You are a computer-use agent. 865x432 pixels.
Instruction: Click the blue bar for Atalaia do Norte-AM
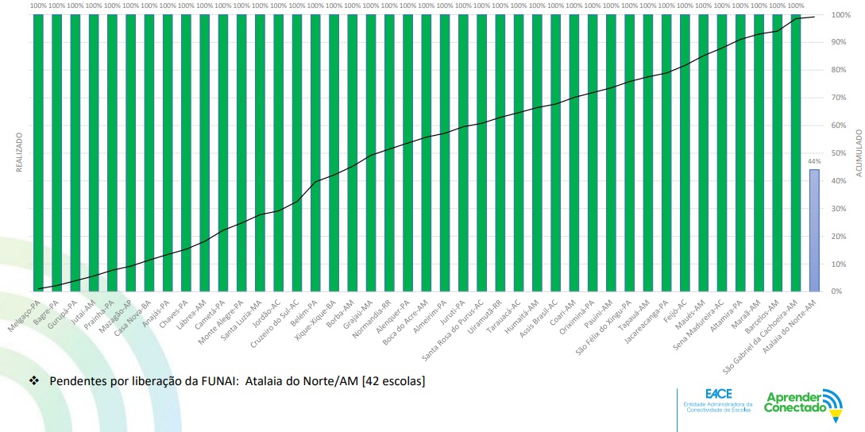[814, 230]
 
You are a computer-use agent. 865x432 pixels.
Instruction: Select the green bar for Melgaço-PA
[37, 151]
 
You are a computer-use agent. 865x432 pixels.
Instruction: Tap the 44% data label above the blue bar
[814, 161]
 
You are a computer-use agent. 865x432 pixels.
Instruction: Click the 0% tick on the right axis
[838, 291]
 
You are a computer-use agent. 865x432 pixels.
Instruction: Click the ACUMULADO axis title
[858, 151]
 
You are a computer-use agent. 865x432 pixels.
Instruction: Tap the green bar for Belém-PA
[315, 151]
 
